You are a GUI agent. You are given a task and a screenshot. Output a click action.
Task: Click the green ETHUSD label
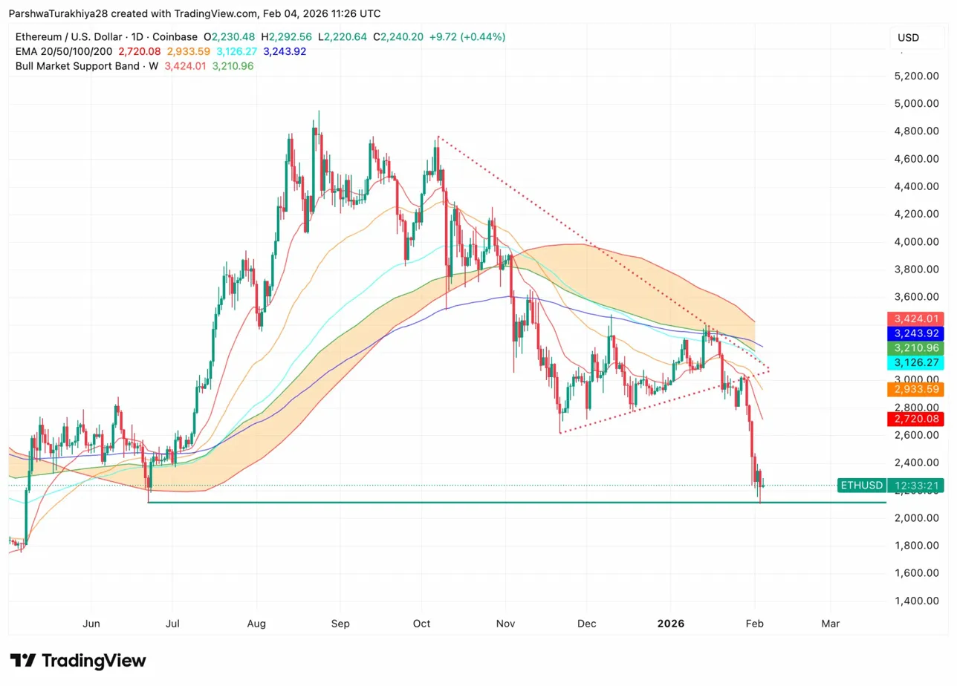click(861, 486)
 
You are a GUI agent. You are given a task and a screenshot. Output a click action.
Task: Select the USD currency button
click(908, 37)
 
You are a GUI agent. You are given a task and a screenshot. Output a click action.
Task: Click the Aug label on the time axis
click(256, 624)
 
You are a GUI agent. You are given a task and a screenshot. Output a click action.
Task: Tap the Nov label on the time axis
click(505, 624)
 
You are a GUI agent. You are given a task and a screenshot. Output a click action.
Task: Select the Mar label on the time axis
click(830, 624)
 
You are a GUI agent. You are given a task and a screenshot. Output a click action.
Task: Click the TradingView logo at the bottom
click(78, 661)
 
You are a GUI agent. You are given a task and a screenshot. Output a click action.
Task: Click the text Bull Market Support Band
click(77, 66)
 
